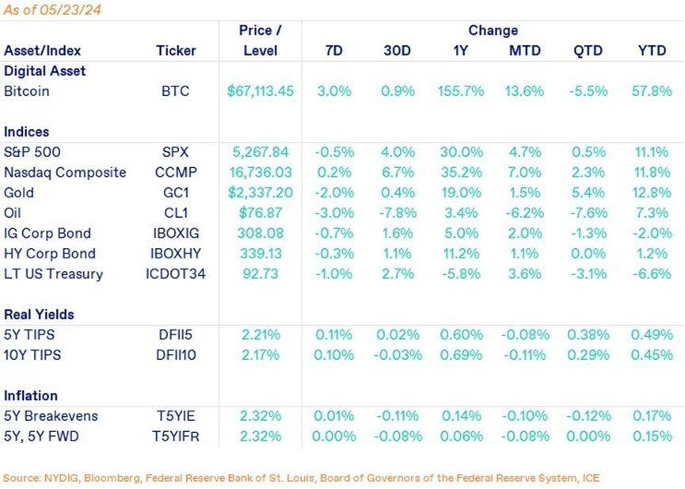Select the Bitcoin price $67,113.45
click(260, 91)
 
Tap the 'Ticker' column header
click(175, 51)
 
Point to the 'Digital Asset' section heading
click(45, 71)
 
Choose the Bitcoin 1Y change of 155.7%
click(460, 91)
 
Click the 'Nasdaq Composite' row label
click(65, 173)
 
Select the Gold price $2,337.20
click(260, 193)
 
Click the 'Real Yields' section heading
click(40, 315)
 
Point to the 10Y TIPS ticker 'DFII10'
click(175, 355)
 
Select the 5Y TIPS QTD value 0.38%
click(588, 334)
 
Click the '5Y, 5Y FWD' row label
click(41, 436)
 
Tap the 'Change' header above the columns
click(493, 30)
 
